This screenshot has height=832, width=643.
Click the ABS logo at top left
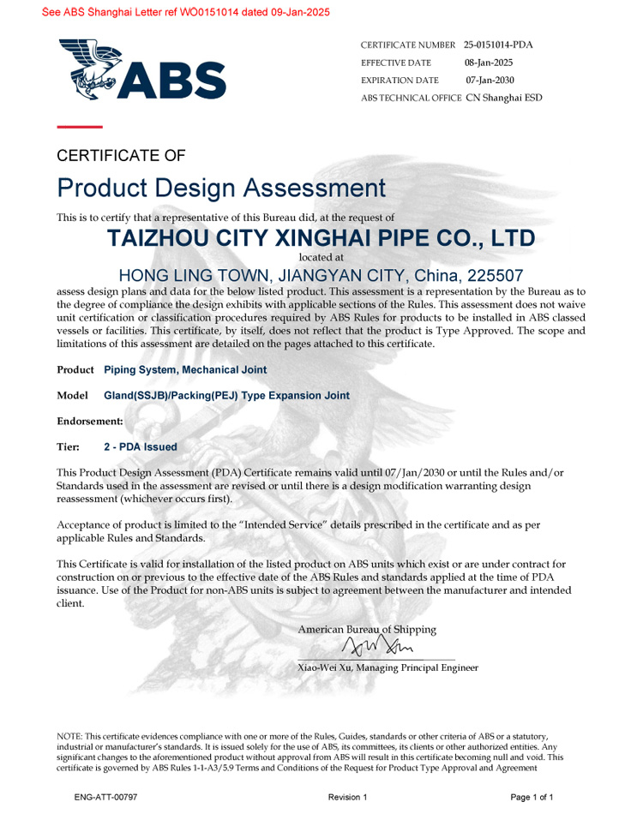pyautogui.click(x=142, y=70)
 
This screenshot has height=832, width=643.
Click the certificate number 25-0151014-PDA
pyautogui.click(x=503, y=45)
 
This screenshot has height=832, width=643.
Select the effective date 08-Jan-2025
pyautogui.click(x=489, y=63)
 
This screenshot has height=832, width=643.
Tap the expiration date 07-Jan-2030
pyautogui.click(x=490, y=80)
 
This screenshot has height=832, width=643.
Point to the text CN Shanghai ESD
pyautogui.click(x=503, y=98)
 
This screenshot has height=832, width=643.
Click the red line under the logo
pyautogui.click(x=79, y=127)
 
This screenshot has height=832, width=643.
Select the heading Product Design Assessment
pyautogui.click(x=221, y=188)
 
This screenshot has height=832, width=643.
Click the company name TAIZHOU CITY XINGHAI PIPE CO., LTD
pyautogui.click(x=321, y=238)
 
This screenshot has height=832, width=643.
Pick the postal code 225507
pyautogui.click(x=495, y=276)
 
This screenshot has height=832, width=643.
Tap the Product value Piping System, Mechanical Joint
pyautogui.click(x=184, y=370)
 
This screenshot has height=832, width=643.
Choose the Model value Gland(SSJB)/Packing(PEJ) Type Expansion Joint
pyautogui.click(x=226, y=396)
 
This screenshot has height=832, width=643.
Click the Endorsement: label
pyautogui.click(x=89, y=422)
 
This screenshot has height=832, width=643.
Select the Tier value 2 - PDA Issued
pyautogui.click(x=140, y=447)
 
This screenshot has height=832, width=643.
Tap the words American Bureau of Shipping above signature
pyautogui.click(x=366, y=630)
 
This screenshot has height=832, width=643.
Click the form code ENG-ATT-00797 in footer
pyautogui.click(x=105, y=798)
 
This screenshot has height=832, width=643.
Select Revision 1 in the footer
pyautogui.click(x=347, y=798)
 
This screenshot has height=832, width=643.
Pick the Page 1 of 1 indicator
pyautogui.click(x=532, y=798)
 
